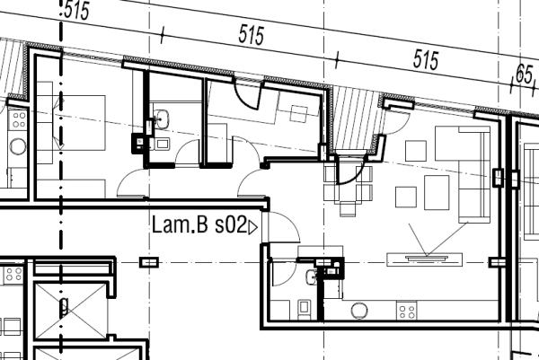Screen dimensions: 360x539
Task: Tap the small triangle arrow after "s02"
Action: click(252, 228)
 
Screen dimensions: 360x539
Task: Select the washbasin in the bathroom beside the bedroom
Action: click(163, 118)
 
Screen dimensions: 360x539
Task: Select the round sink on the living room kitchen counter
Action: click(359, 311)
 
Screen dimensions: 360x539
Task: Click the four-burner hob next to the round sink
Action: click(406, 311)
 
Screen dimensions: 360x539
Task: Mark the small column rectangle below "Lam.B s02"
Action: click(149, 261)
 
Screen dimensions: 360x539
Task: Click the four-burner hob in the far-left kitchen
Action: click(15, 117)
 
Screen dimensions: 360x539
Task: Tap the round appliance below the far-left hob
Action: click(15, 145)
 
